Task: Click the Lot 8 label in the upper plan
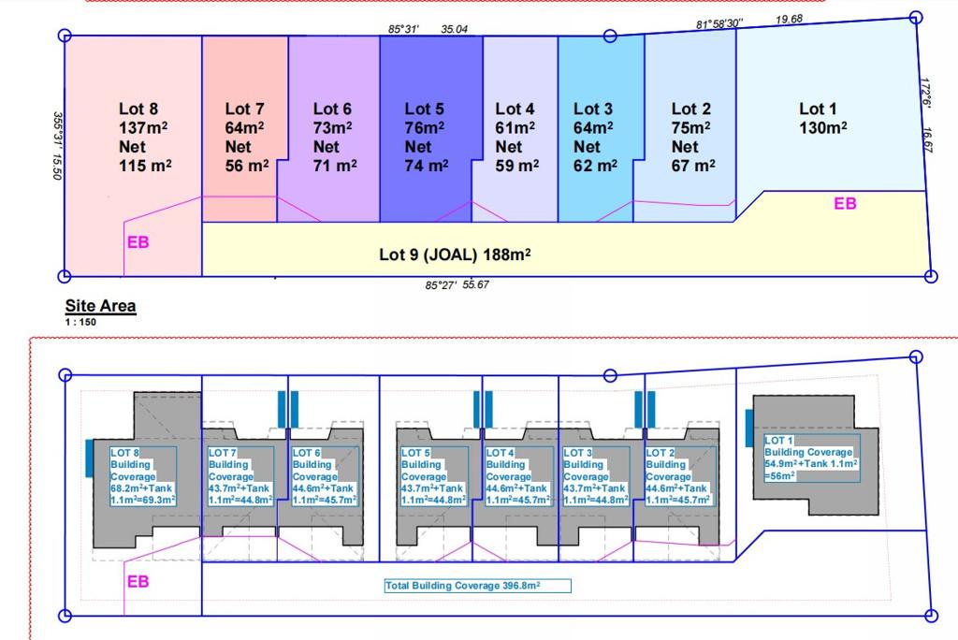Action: (138, 109)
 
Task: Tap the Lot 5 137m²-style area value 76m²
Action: (424, 128)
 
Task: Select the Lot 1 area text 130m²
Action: (823, 128)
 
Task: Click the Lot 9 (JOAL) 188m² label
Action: (455, 255)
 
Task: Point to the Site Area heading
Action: (100, 306)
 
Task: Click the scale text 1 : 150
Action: (80, 322)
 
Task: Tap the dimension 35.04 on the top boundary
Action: (454, 29)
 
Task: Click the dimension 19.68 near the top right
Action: (789, 19)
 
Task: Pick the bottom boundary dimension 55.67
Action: (475, 284)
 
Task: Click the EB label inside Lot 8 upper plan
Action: (138, 242)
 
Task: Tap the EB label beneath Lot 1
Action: (845, 203)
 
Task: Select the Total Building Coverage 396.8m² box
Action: (477, 586)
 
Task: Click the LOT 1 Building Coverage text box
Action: (811, 458)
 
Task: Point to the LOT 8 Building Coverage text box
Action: (142, 476)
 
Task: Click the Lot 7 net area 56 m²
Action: (247, 166)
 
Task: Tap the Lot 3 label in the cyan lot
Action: (593, 109)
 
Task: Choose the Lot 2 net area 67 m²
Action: (693, 166)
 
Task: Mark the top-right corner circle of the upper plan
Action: (916, 18)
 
